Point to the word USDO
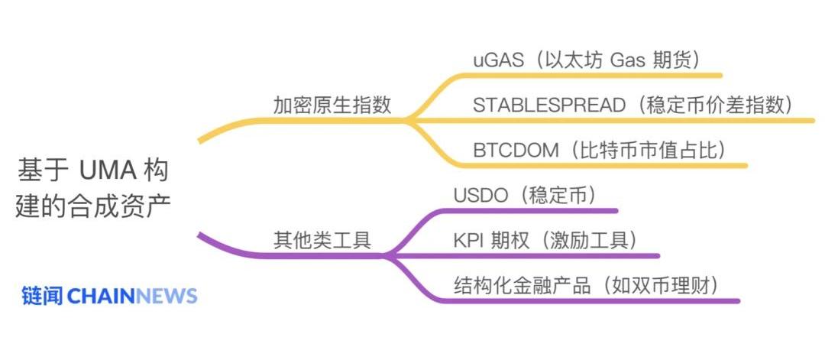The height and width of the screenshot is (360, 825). [480, 195]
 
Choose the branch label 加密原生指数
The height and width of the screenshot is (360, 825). [332, 105]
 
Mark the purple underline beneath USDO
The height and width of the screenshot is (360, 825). [535, 210]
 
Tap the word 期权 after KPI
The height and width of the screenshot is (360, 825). [508, 240]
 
